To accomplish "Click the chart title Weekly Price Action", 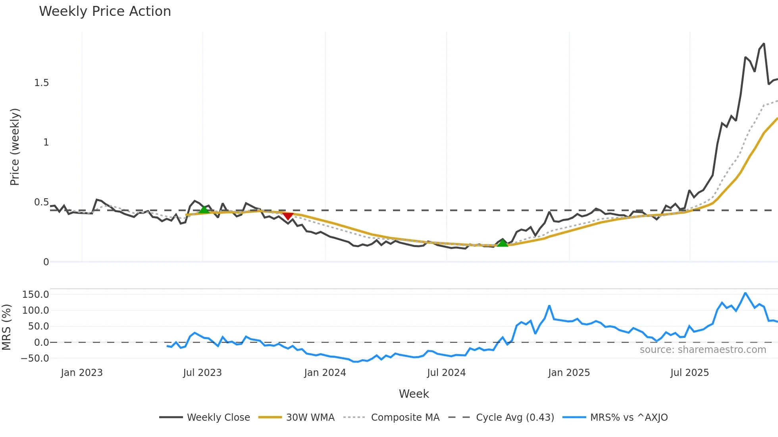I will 105,11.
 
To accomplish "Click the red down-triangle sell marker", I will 288,216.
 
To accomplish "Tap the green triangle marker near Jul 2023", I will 204,210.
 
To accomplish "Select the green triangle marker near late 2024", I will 503,243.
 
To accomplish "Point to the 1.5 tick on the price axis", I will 41,83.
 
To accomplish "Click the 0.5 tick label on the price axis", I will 41,202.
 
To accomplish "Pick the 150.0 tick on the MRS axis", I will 36,295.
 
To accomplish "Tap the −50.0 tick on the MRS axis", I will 35,358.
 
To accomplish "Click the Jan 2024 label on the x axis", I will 325,373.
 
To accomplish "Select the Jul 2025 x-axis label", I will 689,373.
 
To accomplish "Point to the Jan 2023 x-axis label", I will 82,373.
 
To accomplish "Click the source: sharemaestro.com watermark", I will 703,350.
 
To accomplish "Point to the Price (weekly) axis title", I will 15,147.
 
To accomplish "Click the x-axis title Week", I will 414,394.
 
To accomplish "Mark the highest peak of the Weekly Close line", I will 764,44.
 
